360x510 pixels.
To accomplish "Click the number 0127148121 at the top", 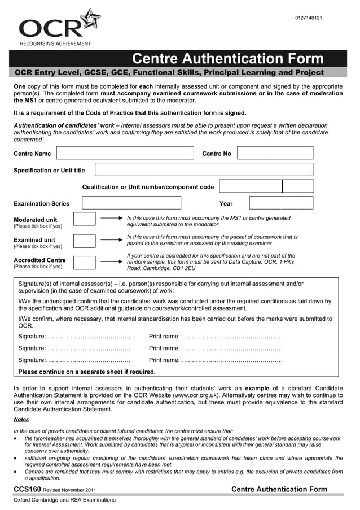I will tap(308, 19).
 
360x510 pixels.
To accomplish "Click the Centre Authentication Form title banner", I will tap(227, 59).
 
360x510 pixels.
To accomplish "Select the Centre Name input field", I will tap(124, 153).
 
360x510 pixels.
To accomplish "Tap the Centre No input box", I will tap(275, 153).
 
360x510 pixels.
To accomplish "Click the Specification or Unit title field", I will tap(204, 169).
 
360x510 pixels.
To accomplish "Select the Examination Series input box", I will tap(131, 203).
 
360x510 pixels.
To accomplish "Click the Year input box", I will tap(281, 203).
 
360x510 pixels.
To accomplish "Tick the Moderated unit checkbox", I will tap(85, 219).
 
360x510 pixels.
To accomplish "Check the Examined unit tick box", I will tap(85, 241).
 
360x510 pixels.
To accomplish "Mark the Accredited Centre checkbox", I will tap(85, 262).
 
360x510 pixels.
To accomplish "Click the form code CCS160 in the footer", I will tap(27, 489).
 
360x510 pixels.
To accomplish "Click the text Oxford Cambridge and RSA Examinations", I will tap(64, 500).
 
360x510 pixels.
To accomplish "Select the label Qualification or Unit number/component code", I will tap(148, 187).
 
